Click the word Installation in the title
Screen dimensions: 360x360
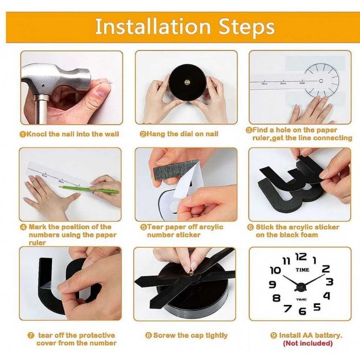pos(153,26)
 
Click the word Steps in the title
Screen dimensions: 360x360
pos(246,28)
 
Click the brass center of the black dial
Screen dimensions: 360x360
pos(187,82)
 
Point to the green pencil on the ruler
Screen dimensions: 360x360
pos(89,189)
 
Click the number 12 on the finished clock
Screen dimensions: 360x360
pos(301,257)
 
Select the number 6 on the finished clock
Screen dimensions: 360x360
pos(302,311)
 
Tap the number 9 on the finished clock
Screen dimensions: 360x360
pos(273,284)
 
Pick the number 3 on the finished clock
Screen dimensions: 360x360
pos(330,282)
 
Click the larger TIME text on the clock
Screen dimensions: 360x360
pos(302,270)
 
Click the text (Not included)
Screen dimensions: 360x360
pos(308,343)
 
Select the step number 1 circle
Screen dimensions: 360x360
pos(23,134)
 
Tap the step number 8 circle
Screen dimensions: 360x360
pos(149,335)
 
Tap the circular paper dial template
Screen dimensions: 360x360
pos(321,81)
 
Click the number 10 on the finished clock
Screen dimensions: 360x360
pos(275,270)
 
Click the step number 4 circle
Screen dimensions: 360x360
pos(24,227)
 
